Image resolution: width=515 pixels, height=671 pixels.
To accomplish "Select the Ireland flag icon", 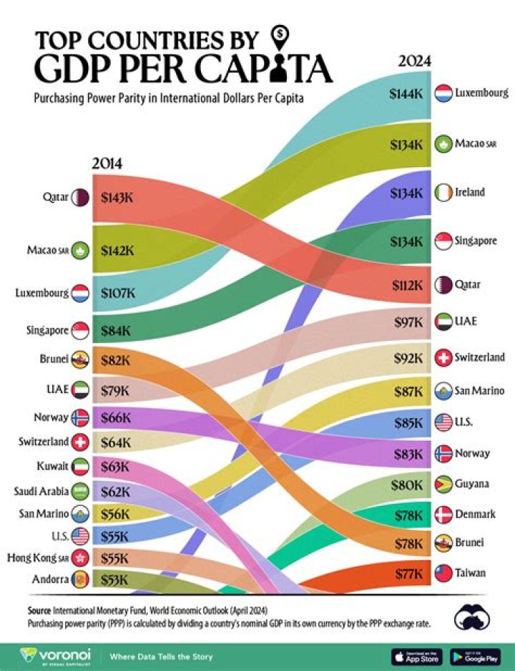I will click(442, 192).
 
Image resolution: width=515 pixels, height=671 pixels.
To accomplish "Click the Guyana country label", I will click(471, 484).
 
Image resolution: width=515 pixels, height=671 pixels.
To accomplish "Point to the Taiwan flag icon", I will click(442, 572).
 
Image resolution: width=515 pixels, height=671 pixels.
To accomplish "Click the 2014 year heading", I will click(107, 164).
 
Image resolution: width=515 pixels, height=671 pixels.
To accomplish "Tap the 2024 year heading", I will click(414, 61).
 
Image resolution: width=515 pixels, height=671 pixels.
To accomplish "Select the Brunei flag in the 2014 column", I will click(79, 361).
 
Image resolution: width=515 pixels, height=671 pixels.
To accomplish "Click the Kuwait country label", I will click(51, 467).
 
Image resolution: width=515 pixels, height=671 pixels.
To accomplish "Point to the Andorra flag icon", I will click(79, 580).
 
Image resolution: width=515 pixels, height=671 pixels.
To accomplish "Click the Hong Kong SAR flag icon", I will click(79, 557).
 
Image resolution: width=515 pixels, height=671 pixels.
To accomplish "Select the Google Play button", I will click(474, 655).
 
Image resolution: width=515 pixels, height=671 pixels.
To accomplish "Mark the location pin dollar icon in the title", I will click(281, 35).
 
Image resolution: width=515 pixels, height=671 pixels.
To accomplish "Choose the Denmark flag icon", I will click(442, 513).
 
